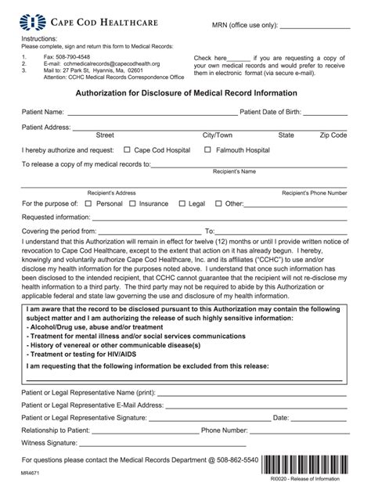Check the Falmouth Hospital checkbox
(x=208, y=149)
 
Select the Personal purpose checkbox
(x=88, y=203)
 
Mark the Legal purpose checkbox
(x=182, y=203)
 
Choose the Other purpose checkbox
(x=218, y=203)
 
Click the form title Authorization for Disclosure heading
(x=185, y=91)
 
